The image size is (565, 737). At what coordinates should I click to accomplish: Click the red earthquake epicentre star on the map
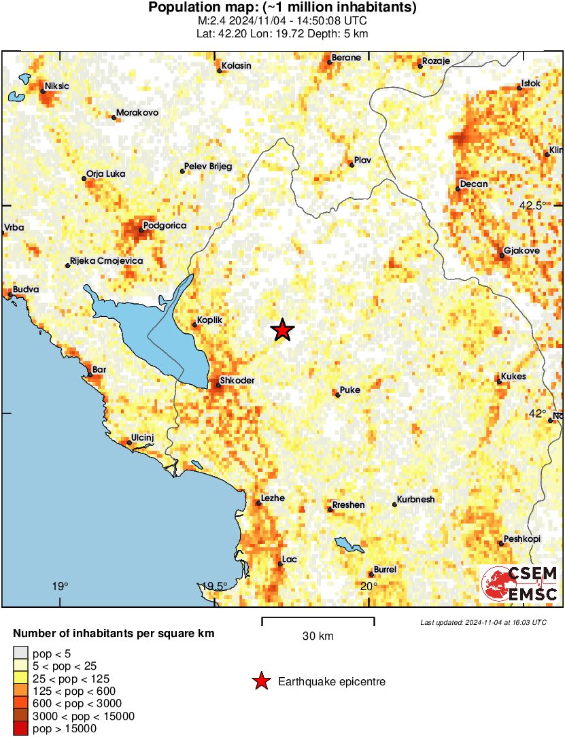click(x=282, y=330)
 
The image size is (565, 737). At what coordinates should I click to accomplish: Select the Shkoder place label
click(x=237, y=381)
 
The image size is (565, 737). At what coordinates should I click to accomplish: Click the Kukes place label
click(x=513, y=377)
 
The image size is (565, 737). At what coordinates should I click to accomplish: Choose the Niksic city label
click(x=57, y=86)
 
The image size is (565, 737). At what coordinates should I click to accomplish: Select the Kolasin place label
click(x=235, y=66)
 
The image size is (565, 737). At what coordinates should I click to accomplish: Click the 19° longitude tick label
click(x=60, y=587)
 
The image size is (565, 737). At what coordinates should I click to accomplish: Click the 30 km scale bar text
click(x=318, y=636)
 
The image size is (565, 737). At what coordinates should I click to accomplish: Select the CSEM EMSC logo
click(x=519, y=585)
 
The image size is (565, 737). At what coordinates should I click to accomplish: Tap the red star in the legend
click(x=260, y=682)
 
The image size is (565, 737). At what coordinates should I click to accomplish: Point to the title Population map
click(x=282, y=8)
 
